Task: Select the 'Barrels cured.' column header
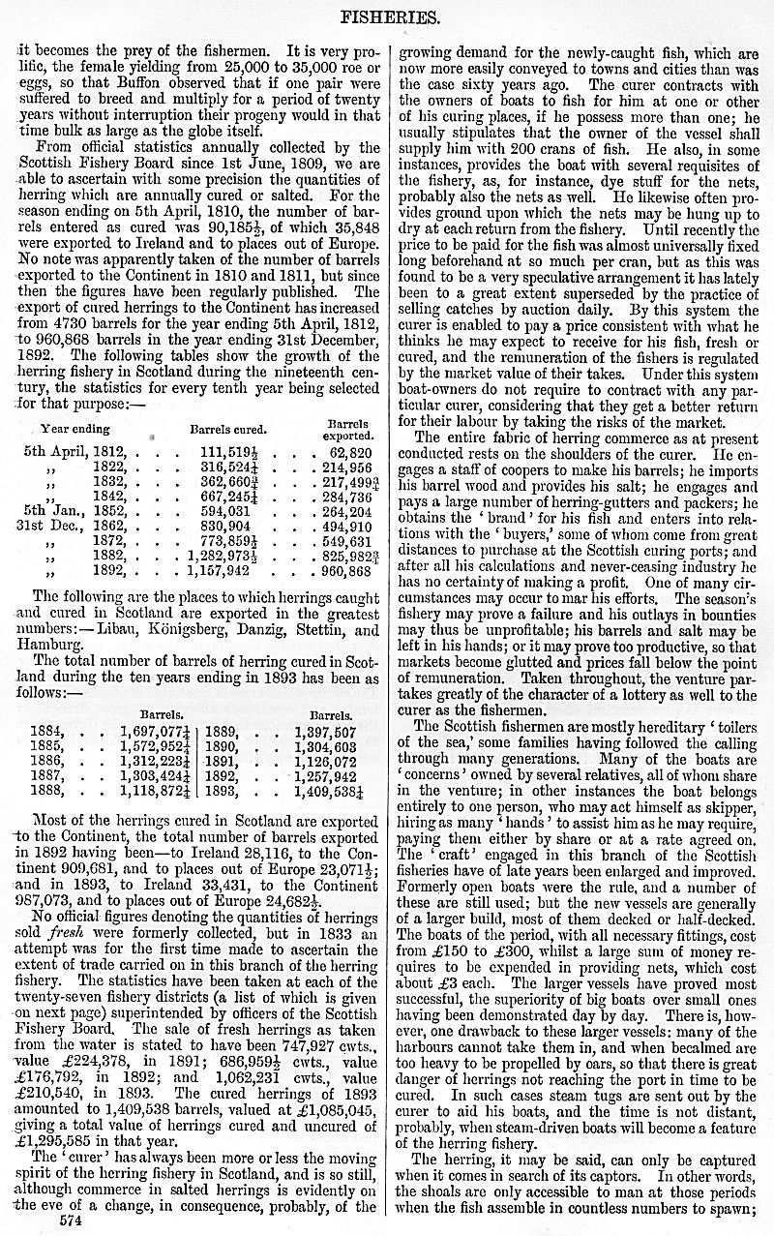pos(228,429)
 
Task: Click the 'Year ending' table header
pos(75,429)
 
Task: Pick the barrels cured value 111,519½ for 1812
pos(233,451)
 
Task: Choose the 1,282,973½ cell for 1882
pos(228,557)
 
